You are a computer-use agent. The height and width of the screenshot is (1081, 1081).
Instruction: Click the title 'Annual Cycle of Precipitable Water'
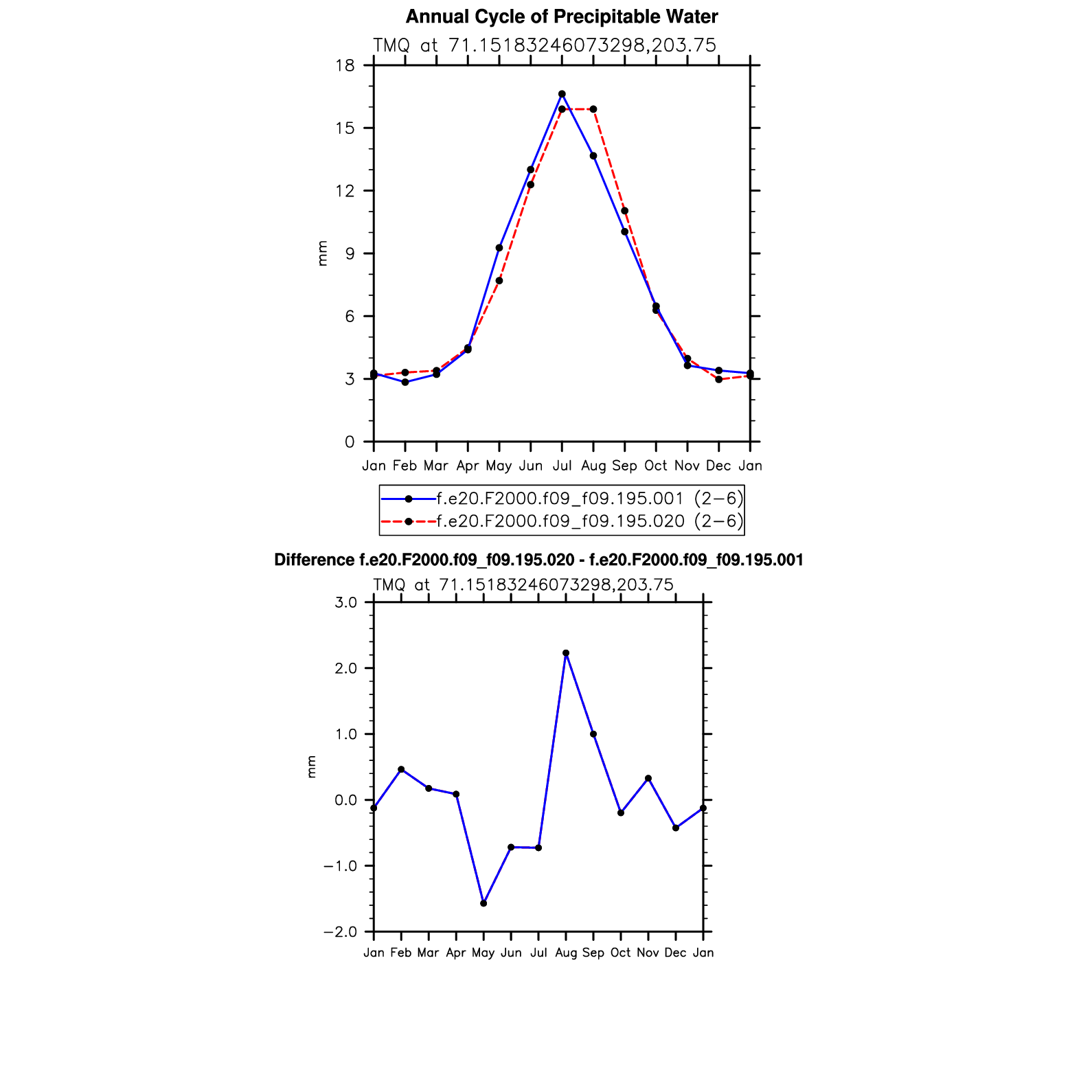562,16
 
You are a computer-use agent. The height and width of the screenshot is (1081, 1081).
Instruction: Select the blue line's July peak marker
562,93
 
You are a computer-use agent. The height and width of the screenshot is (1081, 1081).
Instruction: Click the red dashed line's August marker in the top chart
593,109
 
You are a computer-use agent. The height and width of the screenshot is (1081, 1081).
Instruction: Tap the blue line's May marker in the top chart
499,248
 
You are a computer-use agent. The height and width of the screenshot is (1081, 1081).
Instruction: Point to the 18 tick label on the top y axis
345,66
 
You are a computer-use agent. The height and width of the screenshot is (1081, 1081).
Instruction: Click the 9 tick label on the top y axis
350,254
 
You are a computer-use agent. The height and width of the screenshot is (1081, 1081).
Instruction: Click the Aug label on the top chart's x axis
593,466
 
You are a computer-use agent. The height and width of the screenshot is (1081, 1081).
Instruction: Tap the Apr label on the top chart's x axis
468,466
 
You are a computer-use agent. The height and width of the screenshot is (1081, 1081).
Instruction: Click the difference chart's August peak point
566,653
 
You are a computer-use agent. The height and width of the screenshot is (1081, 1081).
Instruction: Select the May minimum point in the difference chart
483,903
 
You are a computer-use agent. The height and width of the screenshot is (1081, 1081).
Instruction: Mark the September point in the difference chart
593,734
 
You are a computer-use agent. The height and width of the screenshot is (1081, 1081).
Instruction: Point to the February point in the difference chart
401,769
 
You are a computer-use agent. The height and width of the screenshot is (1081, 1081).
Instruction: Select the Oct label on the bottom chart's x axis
620,953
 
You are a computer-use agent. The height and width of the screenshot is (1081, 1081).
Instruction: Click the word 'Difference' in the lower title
314,560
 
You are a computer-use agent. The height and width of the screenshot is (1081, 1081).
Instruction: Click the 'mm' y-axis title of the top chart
322,253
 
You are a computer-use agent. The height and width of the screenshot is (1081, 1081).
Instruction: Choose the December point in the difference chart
676,828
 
